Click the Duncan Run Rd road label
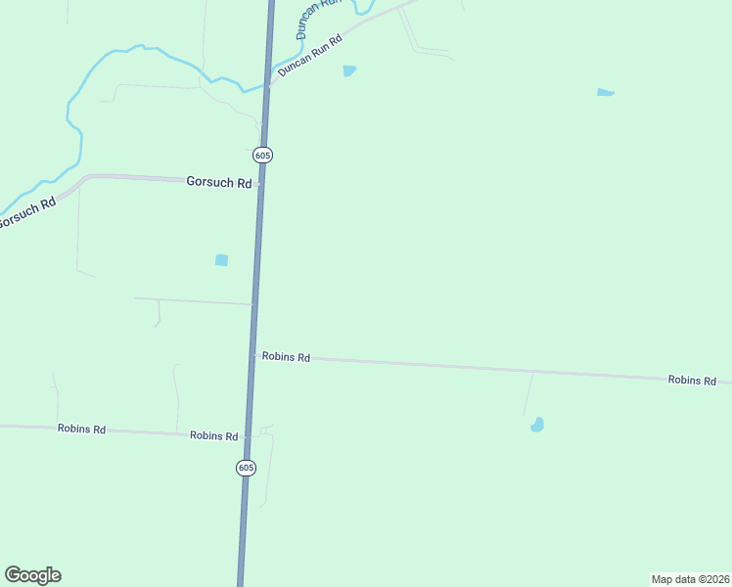click(309, 56)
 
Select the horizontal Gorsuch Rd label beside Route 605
click(219, 182)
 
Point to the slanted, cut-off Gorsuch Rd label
click(26, 213)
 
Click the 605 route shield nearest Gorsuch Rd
click(262, 155)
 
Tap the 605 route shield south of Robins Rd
click(246, 468)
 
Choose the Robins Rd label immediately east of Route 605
click(286, 357)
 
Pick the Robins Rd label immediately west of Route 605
click(214, 435)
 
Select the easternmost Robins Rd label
click(692, 380)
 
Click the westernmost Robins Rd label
click(81, 429)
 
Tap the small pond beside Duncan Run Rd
click(349, 71)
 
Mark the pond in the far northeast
click(606, 93)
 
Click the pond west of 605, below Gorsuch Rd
click(221, 260)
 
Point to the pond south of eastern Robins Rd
click(537, 425)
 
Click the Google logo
click(32, 575)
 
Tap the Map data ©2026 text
click(690, 579)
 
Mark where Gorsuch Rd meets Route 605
click(261, 183)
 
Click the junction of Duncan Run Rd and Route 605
click(267, 85)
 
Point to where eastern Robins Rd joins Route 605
click(253, 355)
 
